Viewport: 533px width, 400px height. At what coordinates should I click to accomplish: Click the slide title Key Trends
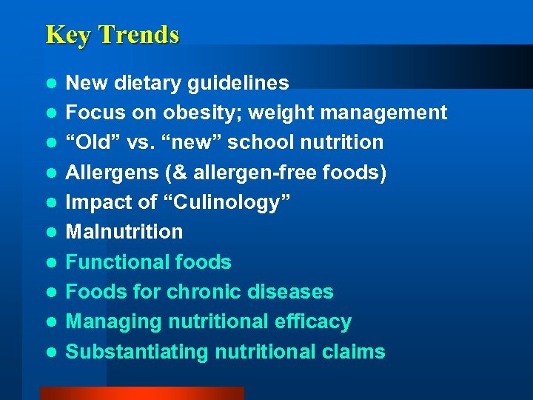click(112, 35)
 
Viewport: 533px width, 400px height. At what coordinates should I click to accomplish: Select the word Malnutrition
click(124, 232)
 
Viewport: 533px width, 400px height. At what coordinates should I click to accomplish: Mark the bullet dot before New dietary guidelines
click(50, 84)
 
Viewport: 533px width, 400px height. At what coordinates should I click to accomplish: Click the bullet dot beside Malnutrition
click(50, 233)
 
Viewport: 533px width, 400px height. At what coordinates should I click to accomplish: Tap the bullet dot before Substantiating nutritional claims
click(50, 353)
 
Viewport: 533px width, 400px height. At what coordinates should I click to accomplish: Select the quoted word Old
click(90, 142)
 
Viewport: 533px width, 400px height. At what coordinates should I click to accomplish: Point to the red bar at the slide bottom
click(141, 393)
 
